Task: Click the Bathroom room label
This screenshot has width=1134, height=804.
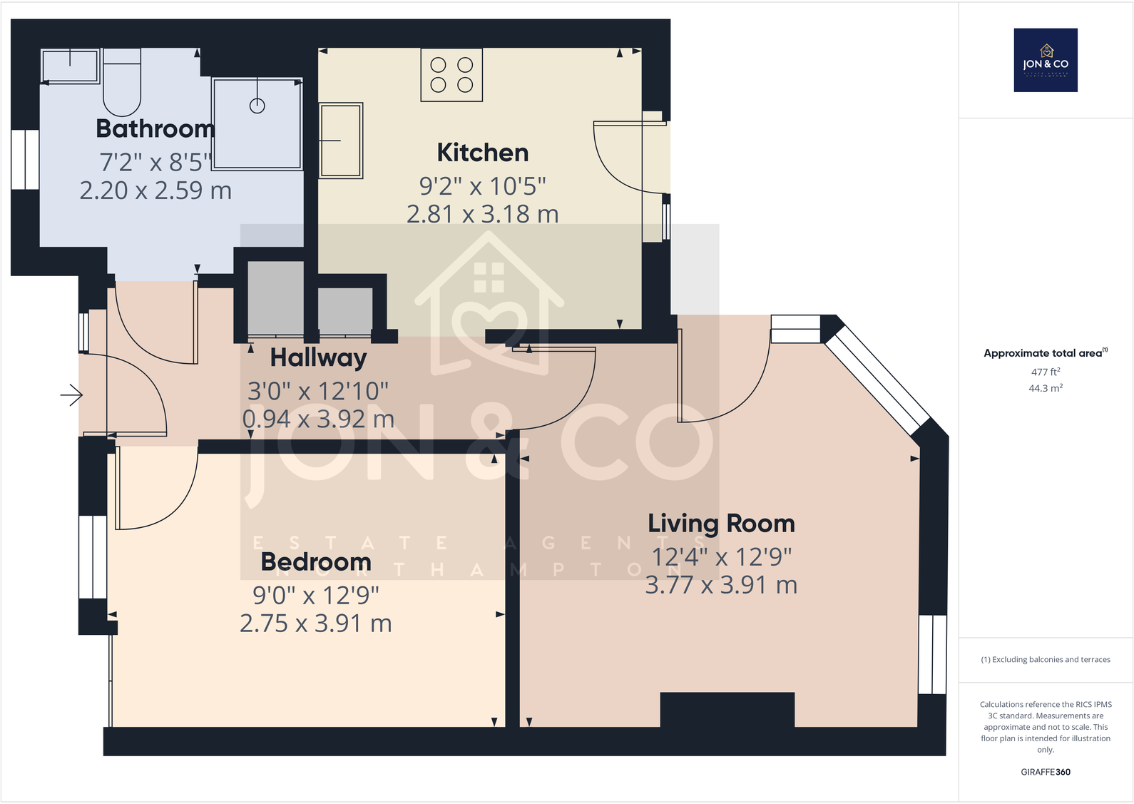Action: [x=155, y=129]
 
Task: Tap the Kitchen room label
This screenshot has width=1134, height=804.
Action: [x=483, y=153]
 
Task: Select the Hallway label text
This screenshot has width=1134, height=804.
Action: [x=318, y=357]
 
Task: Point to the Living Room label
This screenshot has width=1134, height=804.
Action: [x=721, y=524]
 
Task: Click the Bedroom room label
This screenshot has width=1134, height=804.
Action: [x=316, y=562]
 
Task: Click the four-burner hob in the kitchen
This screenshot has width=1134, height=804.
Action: [x=451, y=75]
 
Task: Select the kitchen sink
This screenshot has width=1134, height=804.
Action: [x=341, y=140]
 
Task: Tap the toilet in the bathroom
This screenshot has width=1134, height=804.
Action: [x=122, y=82]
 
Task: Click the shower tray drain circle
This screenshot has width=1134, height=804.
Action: [x=257, y=106]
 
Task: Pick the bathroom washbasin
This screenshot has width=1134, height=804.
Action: [x=70, y=66]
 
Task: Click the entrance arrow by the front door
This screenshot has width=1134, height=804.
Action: [x=71, y=395]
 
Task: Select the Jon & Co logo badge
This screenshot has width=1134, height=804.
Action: [x=1046, y=60]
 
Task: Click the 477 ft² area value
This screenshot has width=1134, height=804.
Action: [x=1046, y=372]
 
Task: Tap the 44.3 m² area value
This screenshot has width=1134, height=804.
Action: [x=1046, y=388]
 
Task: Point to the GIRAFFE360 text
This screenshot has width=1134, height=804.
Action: [x=1046, y=772]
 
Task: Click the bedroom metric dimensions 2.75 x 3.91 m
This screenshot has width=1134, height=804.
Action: [x=316, y=624]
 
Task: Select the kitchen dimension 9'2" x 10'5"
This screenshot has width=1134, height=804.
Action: [x=483, y=186]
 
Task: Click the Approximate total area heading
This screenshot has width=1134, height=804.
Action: [x=1045, y=353]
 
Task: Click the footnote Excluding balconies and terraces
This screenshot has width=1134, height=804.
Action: [x=1046, y=660]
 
